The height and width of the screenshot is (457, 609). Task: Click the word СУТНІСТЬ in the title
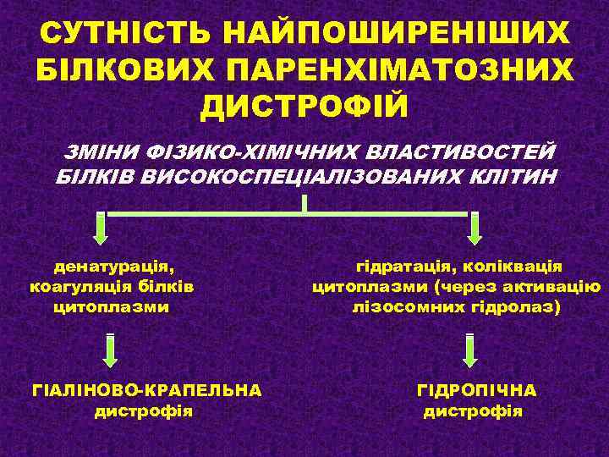point(119,34)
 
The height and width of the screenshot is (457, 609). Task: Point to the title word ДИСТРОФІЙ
point(304,107)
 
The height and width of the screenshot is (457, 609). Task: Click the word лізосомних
point(409,306)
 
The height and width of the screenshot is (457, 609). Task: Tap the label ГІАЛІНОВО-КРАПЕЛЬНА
point(145,390)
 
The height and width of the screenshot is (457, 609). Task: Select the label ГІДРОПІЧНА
point(476,390)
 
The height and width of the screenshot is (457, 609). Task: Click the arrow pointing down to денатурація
point(101,229)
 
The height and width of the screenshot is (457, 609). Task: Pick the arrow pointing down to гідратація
point(475,229)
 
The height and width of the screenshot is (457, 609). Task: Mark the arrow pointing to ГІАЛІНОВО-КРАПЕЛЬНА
point(111,350)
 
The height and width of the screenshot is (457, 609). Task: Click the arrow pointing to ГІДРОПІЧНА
point(470,350)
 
